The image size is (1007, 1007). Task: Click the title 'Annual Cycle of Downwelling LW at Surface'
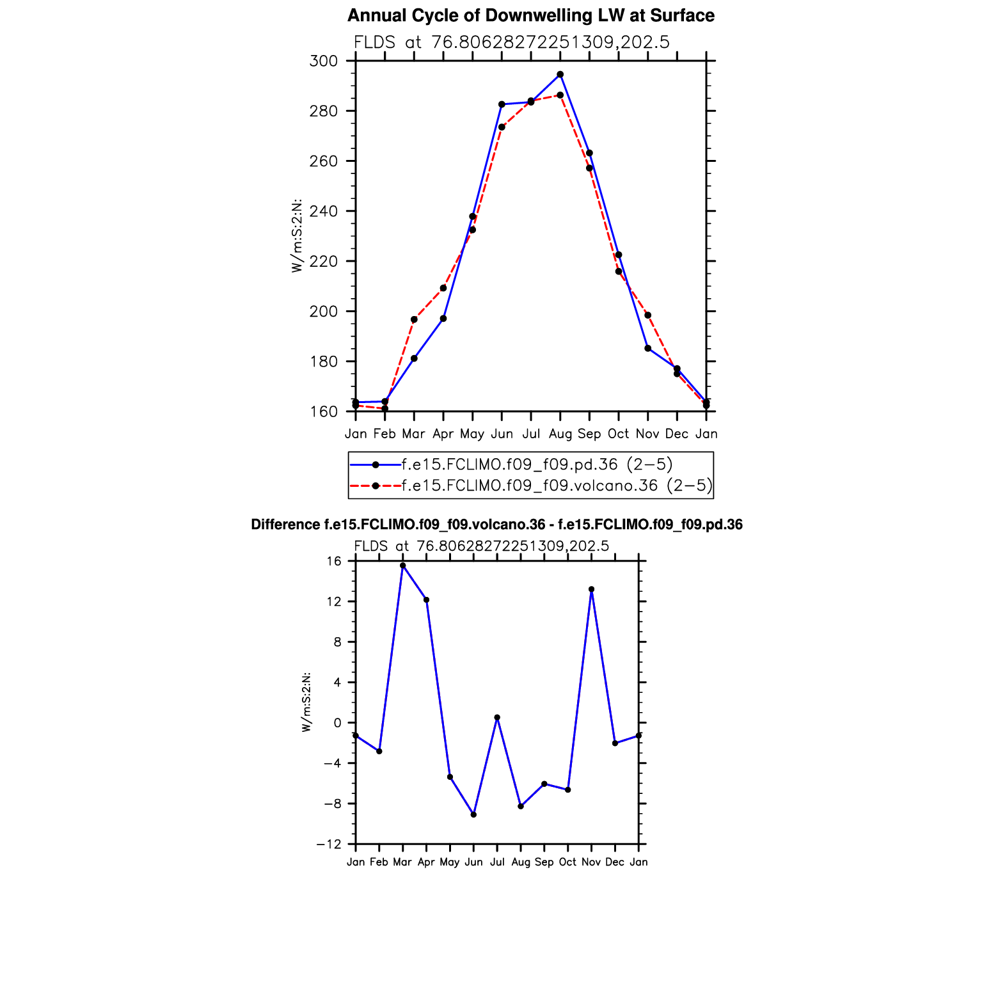pos(530,16)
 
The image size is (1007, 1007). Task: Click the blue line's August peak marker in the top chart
pos(560,75)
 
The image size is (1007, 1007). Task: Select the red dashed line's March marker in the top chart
pos(414,319)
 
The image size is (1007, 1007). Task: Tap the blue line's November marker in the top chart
pos(648,349)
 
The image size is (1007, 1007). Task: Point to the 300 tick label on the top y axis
pos(323,61)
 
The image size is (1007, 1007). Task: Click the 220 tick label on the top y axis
pos(323,262)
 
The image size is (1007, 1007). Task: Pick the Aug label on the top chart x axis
pos(560,434)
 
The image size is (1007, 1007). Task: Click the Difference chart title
pos(496,525)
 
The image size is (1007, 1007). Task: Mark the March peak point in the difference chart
pos(402,566)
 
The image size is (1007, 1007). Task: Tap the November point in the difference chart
pos(591,589)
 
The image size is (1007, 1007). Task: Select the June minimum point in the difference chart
pos(473,814)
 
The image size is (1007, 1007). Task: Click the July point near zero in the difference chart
pos(497,718)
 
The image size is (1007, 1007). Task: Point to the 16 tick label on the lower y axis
pos(334,562)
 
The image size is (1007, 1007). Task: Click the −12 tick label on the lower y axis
pos(329,845)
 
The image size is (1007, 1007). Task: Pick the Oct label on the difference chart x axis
pos(567,862)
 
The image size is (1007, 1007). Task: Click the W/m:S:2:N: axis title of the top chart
pos(297,236)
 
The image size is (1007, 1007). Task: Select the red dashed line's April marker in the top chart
pos(443,288)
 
